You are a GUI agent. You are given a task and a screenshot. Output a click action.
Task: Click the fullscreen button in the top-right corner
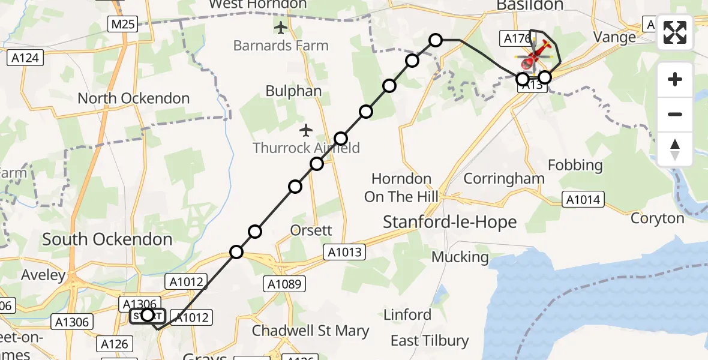(x=675, y=32)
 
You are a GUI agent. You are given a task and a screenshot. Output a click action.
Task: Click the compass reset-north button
(x=675, y=149)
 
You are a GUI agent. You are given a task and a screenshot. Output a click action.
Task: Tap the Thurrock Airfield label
(x=307, y=148)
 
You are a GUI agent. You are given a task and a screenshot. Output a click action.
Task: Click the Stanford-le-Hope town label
(x=449, y=222)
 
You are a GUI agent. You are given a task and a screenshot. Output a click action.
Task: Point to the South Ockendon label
(x=107, y=239)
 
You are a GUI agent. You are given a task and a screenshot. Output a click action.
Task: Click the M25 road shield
(x=124, y=25)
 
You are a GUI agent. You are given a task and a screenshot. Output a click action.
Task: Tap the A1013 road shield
(x=345, y=252)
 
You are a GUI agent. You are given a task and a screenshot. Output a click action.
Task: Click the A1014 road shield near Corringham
(x=583, y=200)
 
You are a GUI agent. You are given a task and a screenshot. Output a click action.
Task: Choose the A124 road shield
(x=25, y=58)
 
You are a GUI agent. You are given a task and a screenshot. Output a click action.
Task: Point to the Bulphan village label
(x=294, y=91)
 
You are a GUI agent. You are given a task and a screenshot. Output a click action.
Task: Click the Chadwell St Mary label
(x=310, y=331)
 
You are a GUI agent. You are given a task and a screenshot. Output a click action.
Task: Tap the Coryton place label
(x=658, y=218)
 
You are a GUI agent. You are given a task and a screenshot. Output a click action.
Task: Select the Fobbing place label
(x=575, y=165)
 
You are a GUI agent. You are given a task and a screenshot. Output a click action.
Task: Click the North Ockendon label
(x=133, y=98)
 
